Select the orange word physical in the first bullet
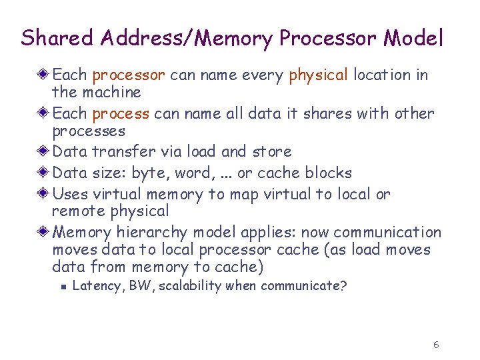point(319,75)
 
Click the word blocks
point(328,173)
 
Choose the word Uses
point(69,194)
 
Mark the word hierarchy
point(152,233)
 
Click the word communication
point(387,233)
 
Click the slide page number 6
point(435,345)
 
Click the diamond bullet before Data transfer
point(44,151)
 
